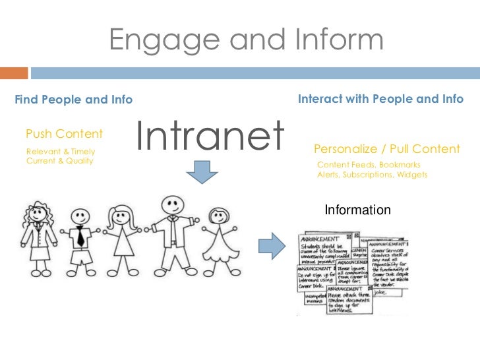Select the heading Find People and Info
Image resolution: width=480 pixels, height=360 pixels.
73,100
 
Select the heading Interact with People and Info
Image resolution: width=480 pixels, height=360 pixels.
381,99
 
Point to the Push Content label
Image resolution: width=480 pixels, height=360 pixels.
64,135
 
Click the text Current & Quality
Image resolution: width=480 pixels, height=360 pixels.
59,161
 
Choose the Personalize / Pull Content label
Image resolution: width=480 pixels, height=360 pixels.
386,149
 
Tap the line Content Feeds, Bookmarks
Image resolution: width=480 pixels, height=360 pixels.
368,165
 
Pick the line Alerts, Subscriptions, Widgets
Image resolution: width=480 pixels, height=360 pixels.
372,175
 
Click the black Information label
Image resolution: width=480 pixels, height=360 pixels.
358,210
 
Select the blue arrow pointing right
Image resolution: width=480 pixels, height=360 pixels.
270,245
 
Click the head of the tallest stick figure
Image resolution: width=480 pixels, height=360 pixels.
172,204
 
